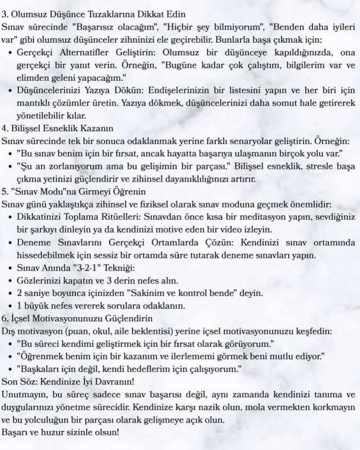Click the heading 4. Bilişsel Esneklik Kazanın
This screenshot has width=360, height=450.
58,129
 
